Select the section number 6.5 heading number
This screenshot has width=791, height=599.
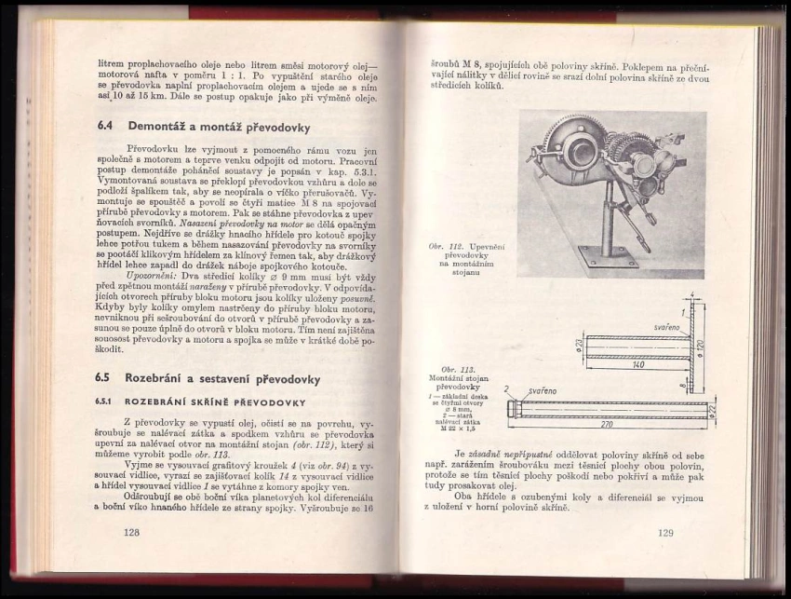pyautogui.click(x=105, y=379)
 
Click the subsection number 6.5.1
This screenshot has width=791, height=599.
pyautogui.click(x=104, y=402)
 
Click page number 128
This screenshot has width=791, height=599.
pyautogui.click(x=130, y=532)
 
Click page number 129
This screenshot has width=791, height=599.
pyautogui.click(x=664, y=533)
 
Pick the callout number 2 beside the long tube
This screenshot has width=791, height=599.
pyautogui.click(x=507, y=388)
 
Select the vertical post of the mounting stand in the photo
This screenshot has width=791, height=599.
pyautogui.click(x=608, y=219)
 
